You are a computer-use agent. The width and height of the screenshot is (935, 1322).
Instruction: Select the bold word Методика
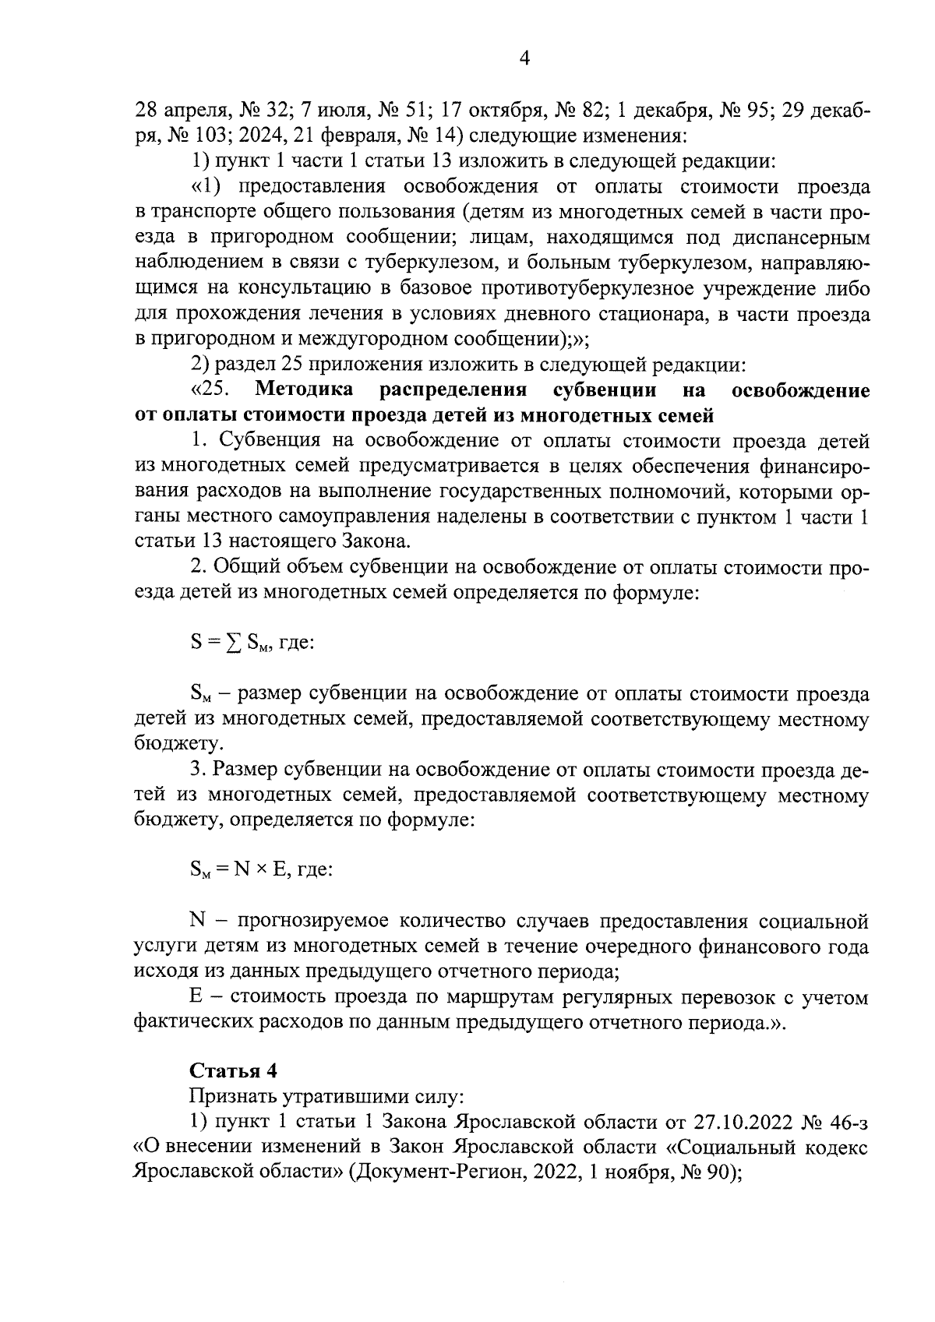304,390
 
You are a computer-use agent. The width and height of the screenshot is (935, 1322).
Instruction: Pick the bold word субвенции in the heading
604,390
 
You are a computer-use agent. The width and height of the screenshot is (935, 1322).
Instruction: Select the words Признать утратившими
305,1096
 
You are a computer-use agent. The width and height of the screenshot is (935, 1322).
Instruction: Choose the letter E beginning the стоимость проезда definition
196,999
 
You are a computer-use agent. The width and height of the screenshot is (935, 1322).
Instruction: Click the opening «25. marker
209,390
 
